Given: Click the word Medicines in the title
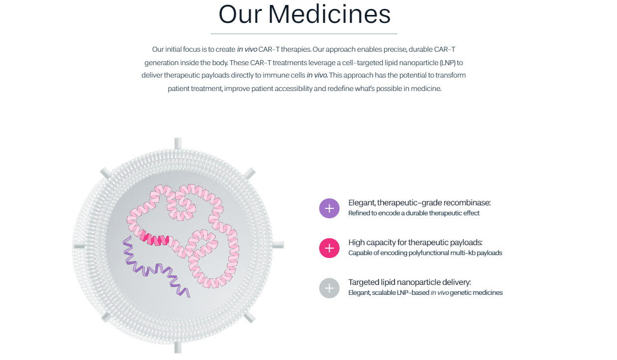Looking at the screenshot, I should pos(329,14).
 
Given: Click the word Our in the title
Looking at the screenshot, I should pos(240,14).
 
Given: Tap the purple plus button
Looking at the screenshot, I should pos(329,208).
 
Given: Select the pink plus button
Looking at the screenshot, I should pos(329,248).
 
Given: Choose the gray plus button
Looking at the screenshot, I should pos(329,287).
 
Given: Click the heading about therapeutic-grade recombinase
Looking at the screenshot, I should pos(419,203).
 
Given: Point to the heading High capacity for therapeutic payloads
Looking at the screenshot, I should pos(415,243).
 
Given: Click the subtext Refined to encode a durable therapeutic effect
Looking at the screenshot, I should pos(414,213).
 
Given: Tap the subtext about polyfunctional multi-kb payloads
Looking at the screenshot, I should pos(425,253).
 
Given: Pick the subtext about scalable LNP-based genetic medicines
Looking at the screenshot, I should pos(425,293).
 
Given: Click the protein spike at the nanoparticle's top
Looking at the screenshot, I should pos(178,144).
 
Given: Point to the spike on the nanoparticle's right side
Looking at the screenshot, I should pos(278,245).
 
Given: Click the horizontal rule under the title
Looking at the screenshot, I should pos(304,34).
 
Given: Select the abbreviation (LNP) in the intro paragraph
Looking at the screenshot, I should pos(441,63).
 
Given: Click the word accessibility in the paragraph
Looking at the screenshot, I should pos(290,89).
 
